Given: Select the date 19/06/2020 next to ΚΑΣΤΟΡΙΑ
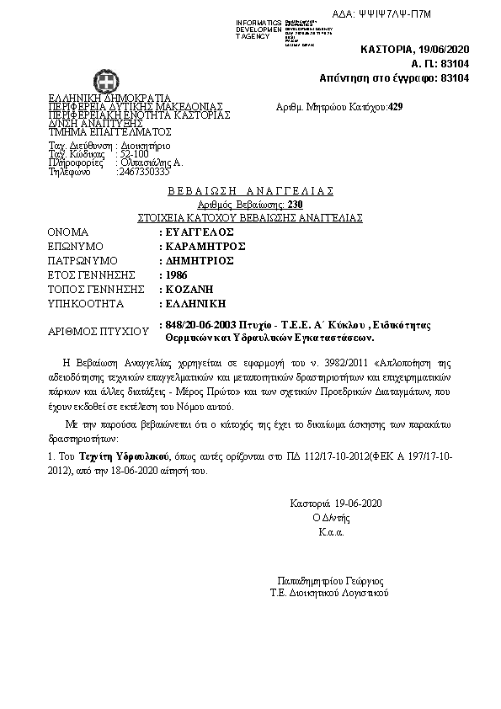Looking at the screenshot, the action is coord(442,51).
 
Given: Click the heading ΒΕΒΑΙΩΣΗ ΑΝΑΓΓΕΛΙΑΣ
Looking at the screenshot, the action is coord(251,190).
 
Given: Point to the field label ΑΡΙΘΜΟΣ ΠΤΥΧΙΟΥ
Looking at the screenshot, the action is coord(93,331).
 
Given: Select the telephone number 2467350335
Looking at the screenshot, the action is coord(143,172).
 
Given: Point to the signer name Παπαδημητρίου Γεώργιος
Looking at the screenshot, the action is coord(330,581).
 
